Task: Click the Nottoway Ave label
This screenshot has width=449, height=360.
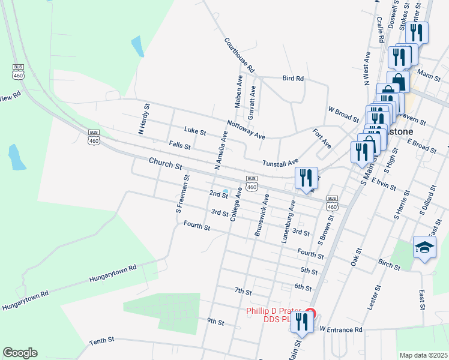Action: pos(246,130)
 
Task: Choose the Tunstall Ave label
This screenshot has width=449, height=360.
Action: pos(280,163)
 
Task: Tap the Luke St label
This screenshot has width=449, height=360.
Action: pos(195,131)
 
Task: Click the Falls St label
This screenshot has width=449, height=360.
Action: pos(179,146)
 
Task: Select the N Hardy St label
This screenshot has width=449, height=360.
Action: pos(143,118)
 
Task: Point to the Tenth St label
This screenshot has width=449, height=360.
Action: pos(102,340)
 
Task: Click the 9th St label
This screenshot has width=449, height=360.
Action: pos(215,322)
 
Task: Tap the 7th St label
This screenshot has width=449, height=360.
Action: pos(243,291)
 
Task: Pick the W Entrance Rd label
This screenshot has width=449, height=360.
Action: pos(341,329)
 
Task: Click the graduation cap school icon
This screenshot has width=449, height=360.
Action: pos(424,247)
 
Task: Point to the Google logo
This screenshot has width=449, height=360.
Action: pos(20,353)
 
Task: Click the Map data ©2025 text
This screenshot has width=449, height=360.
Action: pos(423,355)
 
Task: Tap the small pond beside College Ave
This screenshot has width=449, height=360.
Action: pos(225,193)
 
